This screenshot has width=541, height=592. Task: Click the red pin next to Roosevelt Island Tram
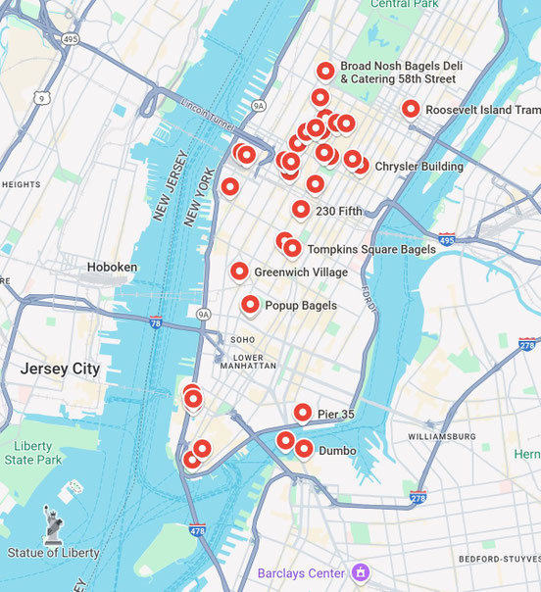coord(411,109)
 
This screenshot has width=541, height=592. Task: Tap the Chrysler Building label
coord(418,167)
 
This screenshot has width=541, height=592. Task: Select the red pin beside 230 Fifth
coord(301,209)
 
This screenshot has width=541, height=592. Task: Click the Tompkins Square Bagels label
coord(371,250)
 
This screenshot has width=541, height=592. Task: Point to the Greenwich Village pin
coord(239,271)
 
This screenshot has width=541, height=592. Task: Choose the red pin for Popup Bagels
coord(250,305)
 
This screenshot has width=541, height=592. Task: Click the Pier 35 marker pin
coord(303,414)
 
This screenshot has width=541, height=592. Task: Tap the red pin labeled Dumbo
coord(304,450)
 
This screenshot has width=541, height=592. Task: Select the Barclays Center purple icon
coord(361,572)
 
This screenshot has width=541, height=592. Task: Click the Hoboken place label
coord(112,267)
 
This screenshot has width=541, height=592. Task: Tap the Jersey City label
coord(60,369)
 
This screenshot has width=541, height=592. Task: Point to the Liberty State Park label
coord(32,453)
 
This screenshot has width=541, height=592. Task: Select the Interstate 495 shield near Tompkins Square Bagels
coord(446,239)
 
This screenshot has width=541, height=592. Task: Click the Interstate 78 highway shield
coord(156,321)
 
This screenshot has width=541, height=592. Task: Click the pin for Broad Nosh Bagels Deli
coord(325,71)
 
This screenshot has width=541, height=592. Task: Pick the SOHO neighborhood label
coord(242,340)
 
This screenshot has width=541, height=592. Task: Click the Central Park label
coord(403,5)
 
